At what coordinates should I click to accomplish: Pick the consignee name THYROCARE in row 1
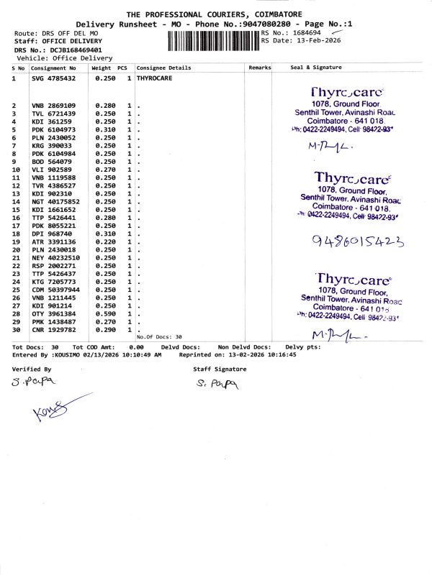(x=153, y=78)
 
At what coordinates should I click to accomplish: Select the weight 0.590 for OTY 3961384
(x=106, y=313)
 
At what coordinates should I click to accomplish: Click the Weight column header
(x=101, y=68)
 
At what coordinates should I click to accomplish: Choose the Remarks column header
(x=259, y=68)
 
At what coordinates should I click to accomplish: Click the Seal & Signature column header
(x=315, y=68)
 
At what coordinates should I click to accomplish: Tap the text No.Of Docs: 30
(x=159, y=336)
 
